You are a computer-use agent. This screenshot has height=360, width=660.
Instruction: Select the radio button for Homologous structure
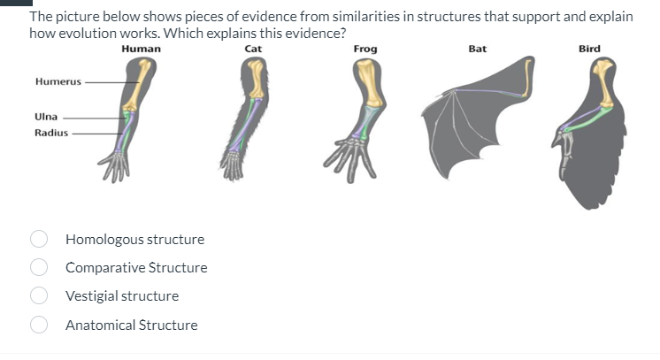click(39, 239)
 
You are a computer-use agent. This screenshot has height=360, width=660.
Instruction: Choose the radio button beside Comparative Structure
click(39, 267)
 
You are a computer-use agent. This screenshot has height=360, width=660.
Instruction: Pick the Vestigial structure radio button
click(39, 295)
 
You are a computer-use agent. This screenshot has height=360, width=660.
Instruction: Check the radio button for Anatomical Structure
click(39, 325)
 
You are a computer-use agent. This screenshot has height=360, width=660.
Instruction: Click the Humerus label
click(57, 81)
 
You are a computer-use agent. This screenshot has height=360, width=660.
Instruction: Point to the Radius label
click(50, 133)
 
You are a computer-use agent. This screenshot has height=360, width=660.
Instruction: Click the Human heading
click(142, 49)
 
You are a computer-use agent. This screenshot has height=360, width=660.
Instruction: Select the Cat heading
click(252, 49)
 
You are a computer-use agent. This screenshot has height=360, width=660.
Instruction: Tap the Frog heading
click(365, 49)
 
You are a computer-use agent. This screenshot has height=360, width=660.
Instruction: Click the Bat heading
click(477, 49)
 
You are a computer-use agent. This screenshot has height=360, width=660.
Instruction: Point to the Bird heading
click(589, 49)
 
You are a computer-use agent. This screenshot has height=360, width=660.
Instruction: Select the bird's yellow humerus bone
click(604, 85)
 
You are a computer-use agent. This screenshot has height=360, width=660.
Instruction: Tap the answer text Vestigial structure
click(122, 295)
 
